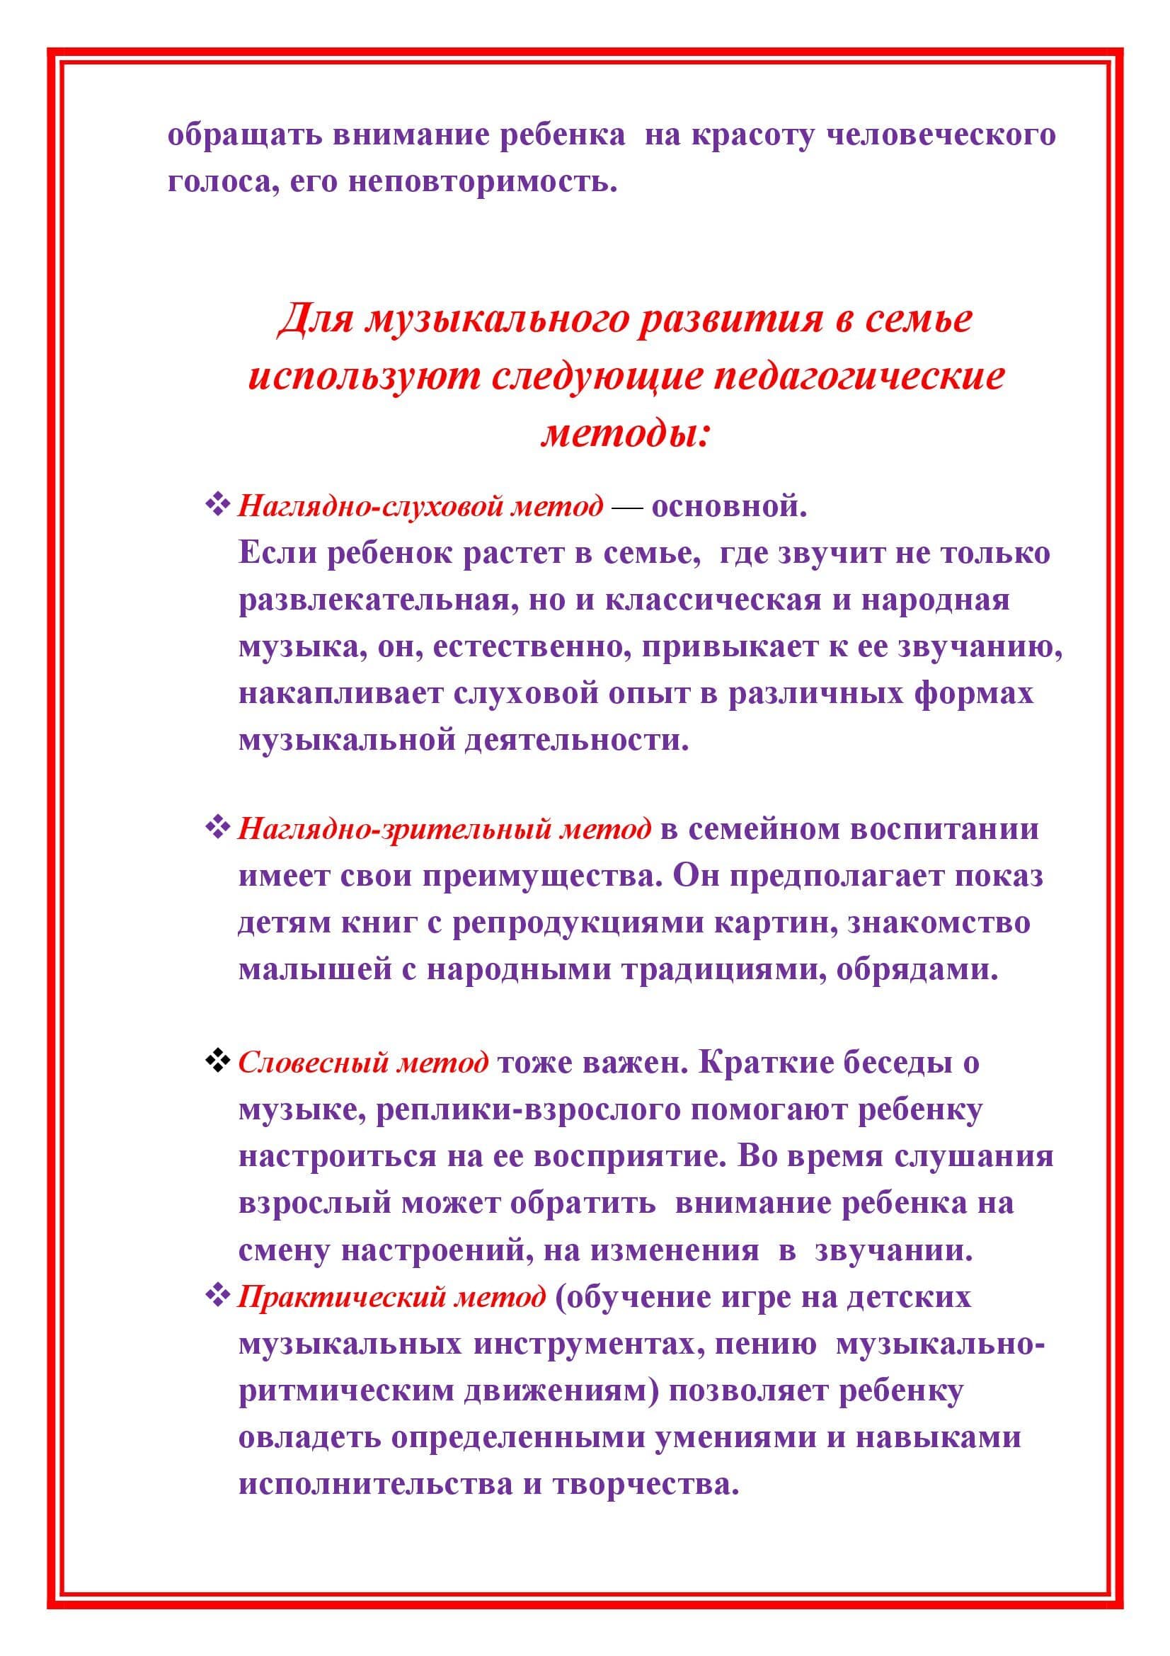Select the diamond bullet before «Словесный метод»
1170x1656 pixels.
point(217,1061)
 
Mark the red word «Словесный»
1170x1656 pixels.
point(313,1063)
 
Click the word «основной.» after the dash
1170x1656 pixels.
point(729,506)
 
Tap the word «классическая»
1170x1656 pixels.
point(712,600)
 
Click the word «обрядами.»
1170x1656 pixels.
point(917,969)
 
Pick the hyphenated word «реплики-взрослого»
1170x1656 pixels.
point(529,1109)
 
